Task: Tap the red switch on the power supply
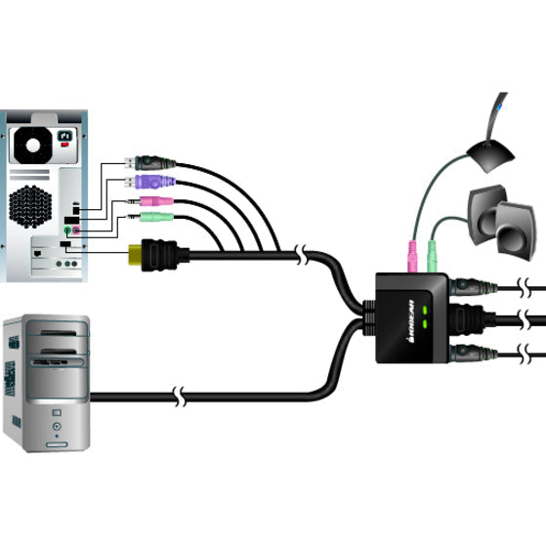tap(66, 143)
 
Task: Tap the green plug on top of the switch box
tap(430, 258)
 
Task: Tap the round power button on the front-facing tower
tap(57, 427)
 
